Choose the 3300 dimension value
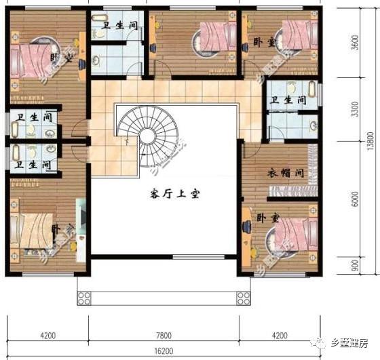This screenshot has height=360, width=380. [354, 112]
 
